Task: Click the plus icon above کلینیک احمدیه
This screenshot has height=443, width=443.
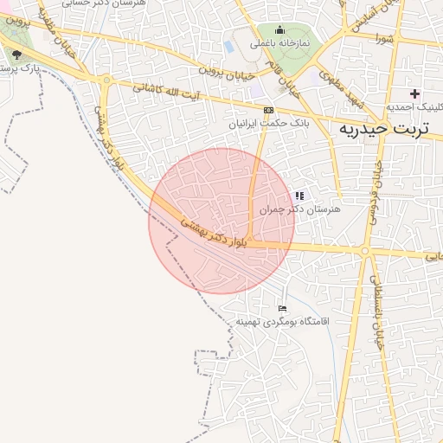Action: coord(414,93)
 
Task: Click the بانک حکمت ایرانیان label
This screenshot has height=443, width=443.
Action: coord(268,125)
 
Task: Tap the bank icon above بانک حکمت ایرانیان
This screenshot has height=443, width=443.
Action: coord(269,111)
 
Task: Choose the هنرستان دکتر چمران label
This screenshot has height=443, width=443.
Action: coord(300,209)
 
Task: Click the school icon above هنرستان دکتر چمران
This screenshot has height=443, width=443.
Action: coord(300,196)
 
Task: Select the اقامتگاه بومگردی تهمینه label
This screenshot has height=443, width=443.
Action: coord(283,321)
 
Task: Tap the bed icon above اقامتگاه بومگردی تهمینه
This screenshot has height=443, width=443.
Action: coord(282,308)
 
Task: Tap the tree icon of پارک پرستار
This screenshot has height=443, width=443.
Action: coord(16,55)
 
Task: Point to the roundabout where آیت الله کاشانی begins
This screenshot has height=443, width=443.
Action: coord(106,81)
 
